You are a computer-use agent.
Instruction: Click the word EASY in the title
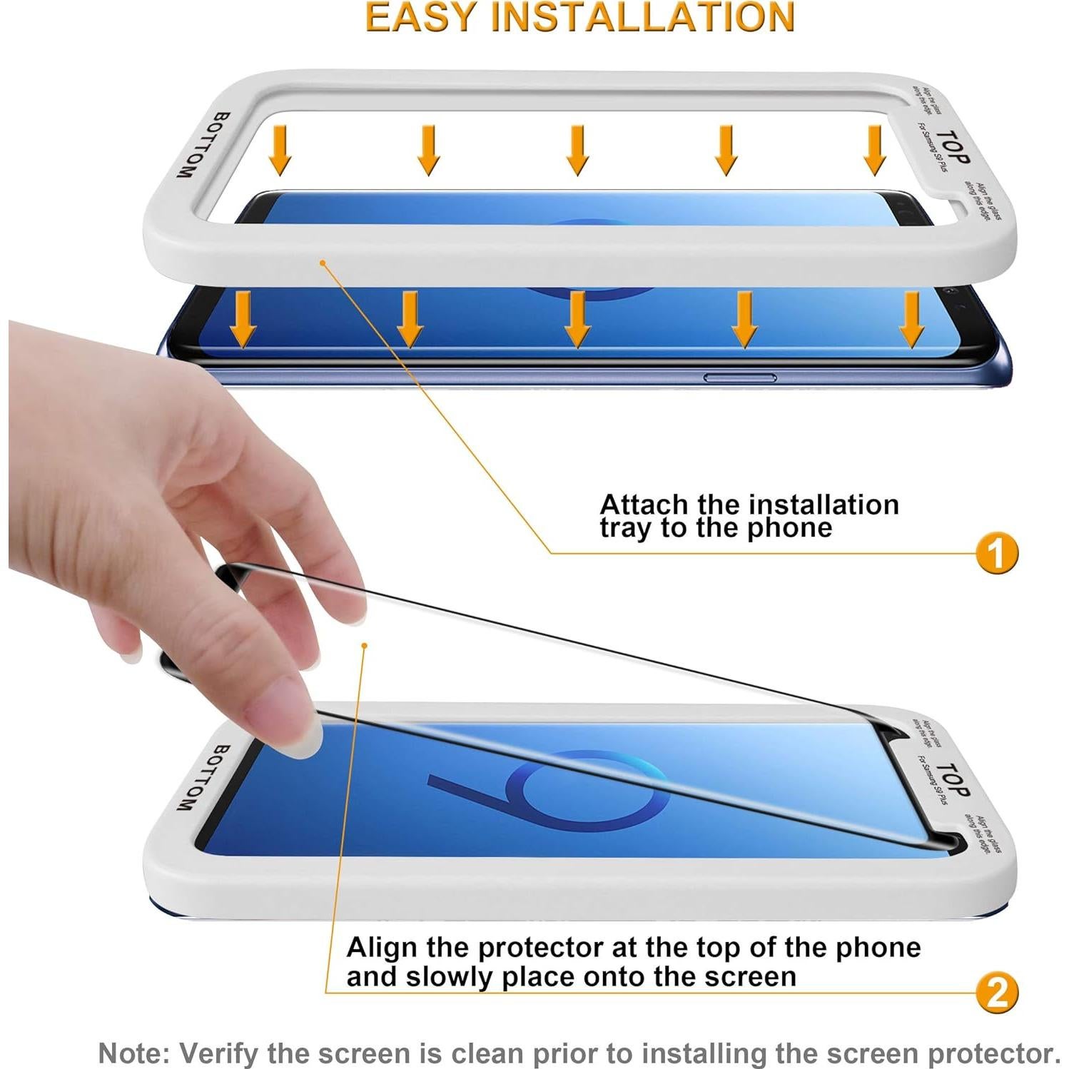coord(419,18)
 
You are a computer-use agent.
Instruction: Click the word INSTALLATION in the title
coord(643,18)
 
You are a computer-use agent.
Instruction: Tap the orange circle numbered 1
coord(997,553)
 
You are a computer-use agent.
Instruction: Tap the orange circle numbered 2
coord(997,992)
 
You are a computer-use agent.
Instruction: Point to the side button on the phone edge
coord(740,378)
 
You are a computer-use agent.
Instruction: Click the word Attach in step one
coord(644,505)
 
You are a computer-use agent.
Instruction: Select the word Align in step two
coord(382,948)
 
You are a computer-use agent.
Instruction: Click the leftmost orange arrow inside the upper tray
coord(280,150)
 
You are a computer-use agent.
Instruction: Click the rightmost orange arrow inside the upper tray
coord(875,150)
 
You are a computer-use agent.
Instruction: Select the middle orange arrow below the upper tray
coord(577,319)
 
